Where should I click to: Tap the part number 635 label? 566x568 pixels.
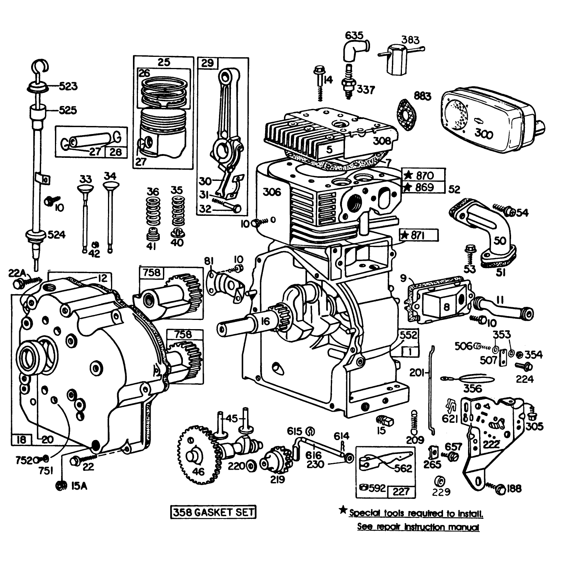[354, 36]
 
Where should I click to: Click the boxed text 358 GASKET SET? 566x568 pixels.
[213, 512]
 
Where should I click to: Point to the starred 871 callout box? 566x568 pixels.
[419, 235]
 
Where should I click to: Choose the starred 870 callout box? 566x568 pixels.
[424, 176]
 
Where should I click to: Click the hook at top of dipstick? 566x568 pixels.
[39, 66]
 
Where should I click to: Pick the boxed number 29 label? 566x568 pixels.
[207, 63]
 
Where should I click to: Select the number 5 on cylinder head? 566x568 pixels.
[329, 150]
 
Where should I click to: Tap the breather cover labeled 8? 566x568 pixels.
[446, 306]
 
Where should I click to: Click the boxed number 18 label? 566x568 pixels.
[22, 439]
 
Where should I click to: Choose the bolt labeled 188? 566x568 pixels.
[500, 489]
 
